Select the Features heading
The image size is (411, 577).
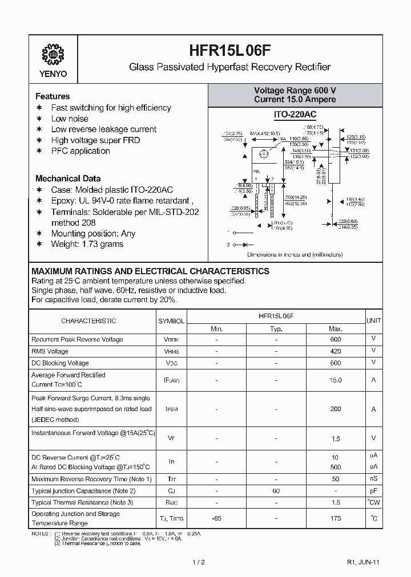53,96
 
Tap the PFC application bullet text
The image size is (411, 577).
80,151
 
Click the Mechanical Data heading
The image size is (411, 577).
68,178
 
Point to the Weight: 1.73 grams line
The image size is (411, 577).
87,244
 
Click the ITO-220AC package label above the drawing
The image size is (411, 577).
295,115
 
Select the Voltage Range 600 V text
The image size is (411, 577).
295,91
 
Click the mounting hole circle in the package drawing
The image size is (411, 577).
264,154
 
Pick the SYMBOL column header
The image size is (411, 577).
171,321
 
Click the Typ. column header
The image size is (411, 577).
276,328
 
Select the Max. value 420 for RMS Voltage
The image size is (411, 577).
336,351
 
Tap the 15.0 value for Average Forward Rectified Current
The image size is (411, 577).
336,380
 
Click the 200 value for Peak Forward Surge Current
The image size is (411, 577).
336,409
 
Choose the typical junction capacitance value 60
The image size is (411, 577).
276,490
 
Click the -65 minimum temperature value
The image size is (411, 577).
216,518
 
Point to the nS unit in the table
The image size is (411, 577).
374,478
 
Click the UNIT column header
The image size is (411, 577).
374,321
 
